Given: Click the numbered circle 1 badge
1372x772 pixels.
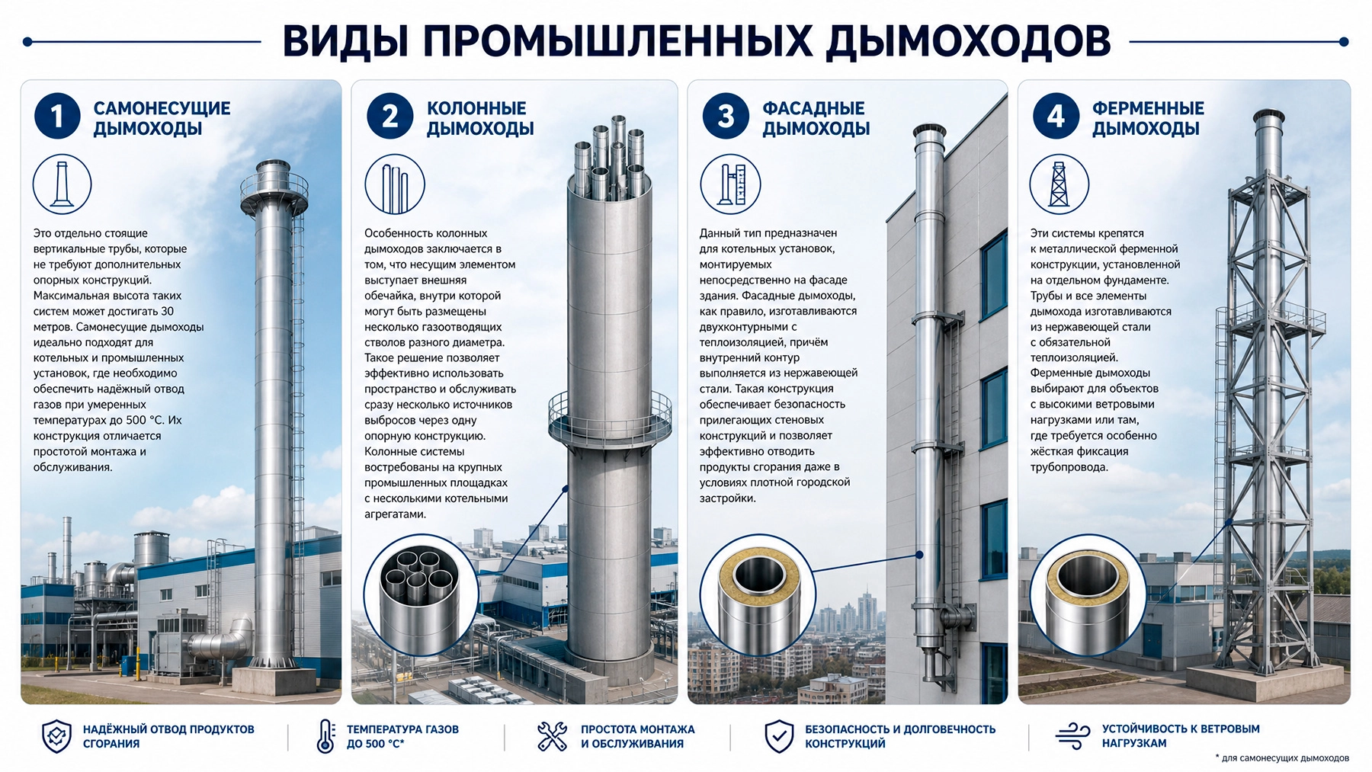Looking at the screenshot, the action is pos(57,116).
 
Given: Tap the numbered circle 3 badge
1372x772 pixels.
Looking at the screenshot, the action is pos(726,116).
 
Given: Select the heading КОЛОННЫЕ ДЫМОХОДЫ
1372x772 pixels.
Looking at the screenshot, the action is pos(480,118).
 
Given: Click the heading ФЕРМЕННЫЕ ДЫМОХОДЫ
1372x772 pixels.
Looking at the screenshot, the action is pos(1148,118).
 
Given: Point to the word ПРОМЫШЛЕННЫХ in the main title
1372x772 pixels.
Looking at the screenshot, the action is pos(618,41).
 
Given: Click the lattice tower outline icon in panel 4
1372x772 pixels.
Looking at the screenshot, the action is pos(1059,184).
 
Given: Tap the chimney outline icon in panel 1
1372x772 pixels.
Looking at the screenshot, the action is pos(62,184).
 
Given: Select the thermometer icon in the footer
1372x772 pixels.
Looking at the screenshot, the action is pos(325,736).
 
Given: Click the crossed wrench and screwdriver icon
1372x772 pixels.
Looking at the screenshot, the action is pos(552,736).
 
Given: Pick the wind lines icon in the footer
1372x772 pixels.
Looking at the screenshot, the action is pos(1072,736).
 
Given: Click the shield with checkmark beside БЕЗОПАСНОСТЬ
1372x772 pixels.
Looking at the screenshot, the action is pos(779,736).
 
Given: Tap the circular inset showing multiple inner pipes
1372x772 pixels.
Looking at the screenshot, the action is pos(421,595).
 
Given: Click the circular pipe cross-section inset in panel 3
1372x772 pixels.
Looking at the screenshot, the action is pos(758,594).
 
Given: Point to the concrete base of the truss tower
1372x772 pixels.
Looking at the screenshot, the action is pos(1266,681).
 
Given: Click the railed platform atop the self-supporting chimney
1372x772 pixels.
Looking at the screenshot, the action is pos(274,191).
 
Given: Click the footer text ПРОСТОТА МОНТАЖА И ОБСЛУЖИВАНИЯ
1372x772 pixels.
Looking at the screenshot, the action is pos(637,736).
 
